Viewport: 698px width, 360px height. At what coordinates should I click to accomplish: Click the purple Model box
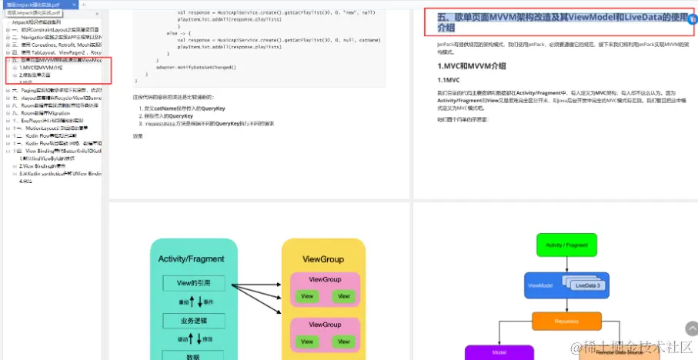[497, 352]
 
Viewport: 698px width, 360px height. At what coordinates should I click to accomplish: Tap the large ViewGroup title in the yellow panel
[323, 260]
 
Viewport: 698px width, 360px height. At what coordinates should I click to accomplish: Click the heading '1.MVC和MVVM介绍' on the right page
[472, 66]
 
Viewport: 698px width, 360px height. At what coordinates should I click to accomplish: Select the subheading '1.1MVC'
[449, 80]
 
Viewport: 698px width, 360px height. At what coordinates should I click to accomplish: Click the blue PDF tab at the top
[33, 5]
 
